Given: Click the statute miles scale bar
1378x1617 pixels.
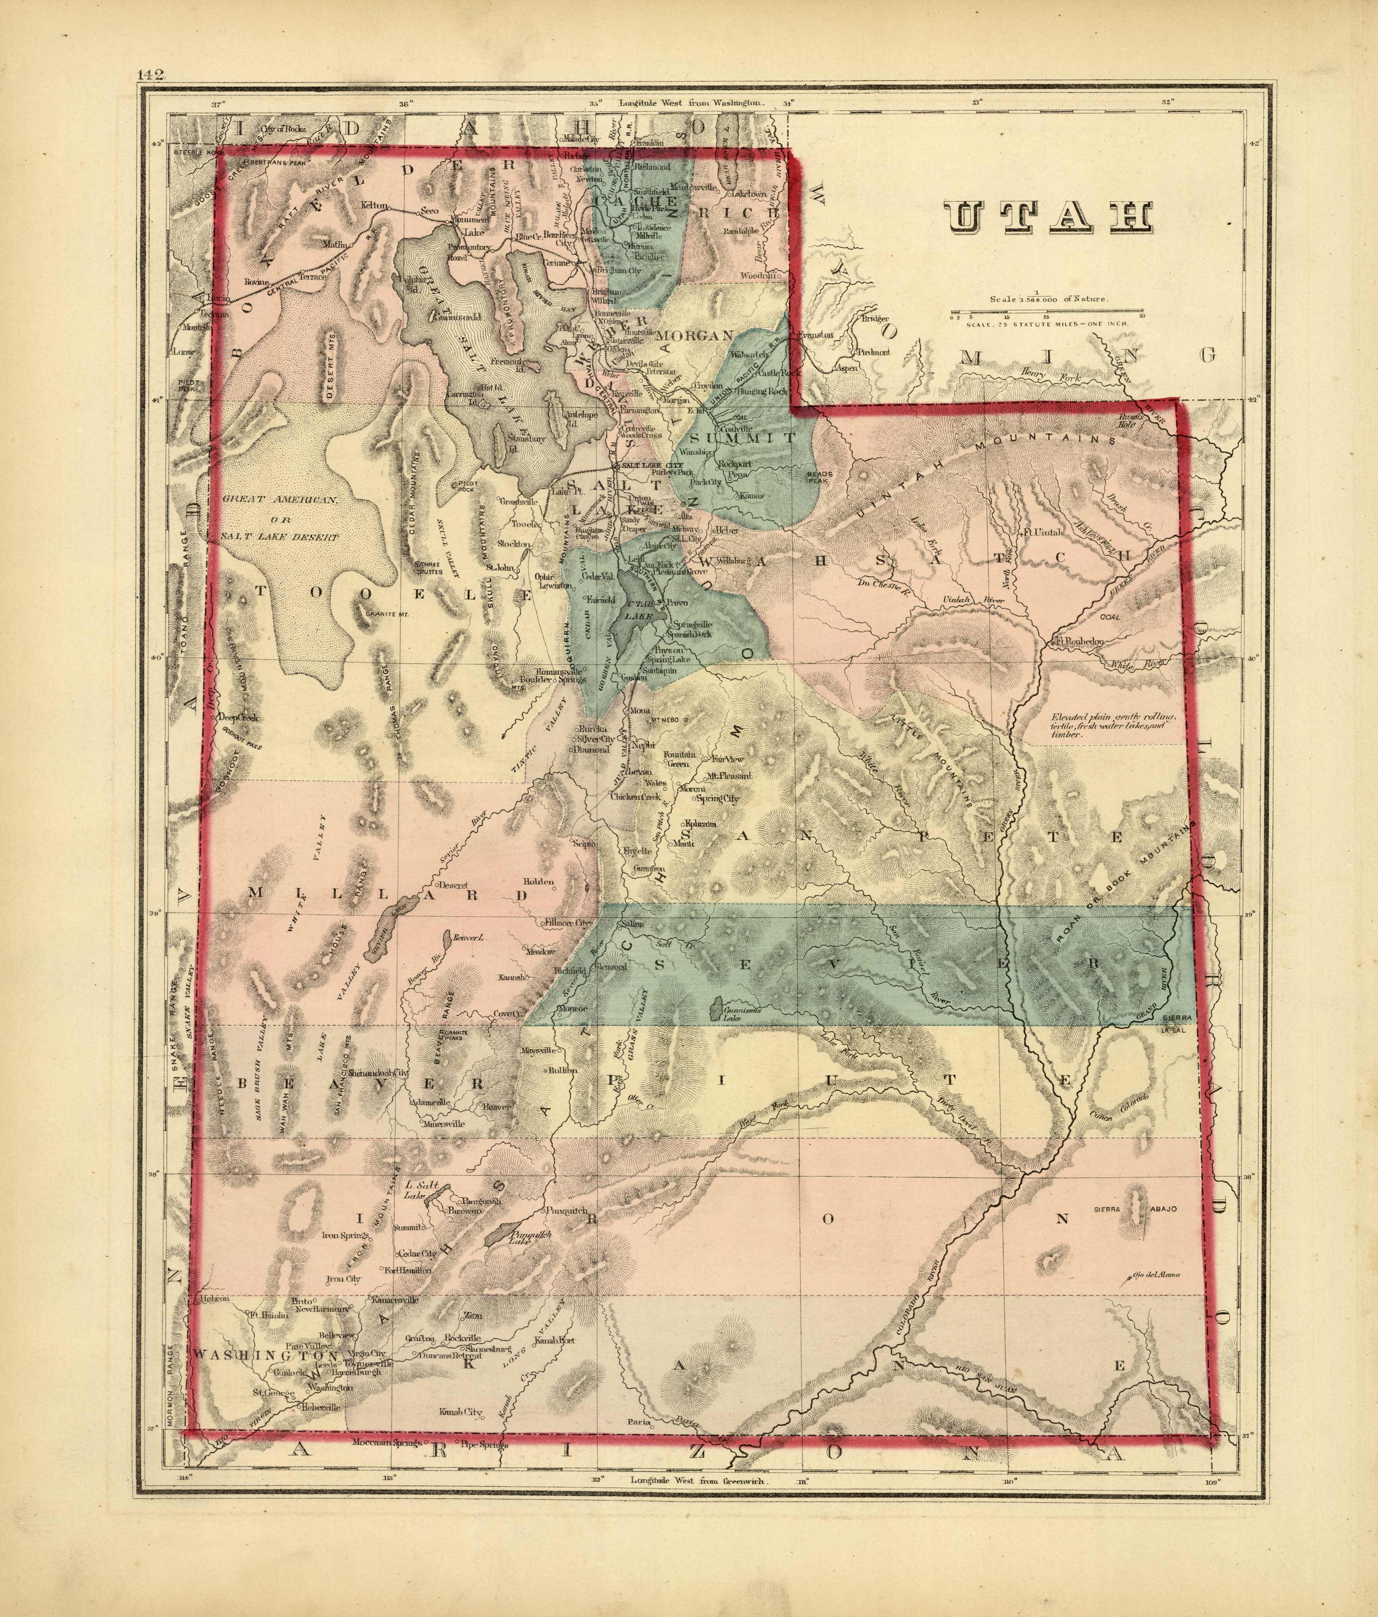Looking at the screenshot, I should [x=1046, y=316].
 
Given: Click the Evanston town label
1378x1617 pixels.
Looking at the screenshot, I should [x=816, y=335].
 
